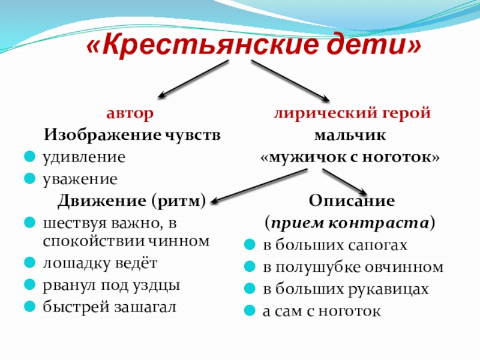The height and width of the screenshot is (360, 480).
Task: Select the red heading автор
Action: pyautogui.click(x=130, y=113)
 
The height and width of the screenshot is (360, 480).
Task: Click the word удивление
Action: pyautogui.click(x=83, y=157)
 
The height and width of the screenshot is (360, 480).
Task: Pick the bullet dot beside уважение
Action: pyautogui.click(x=29, y=179)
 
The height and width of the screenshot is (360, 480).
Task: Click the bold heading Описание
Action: pyautogui.click(x=352, y=200)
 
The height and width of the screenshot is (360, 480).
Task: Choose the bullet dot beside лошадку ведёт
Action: pyautogui.click(x=29, y=263)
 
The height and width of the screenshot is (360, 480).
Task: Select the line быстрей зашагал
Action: pyautogui.click(x=110, y=307)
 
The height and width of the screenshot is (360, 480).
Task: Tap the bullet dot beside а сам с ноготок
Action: pyautogui.click(x=250, y=311)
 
